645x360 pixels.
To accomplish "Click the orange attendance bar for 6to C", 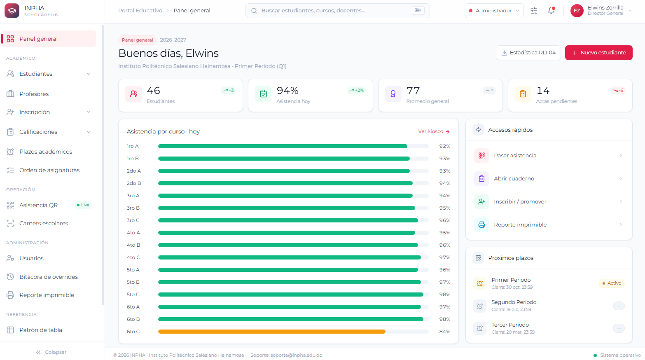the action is point(271,332).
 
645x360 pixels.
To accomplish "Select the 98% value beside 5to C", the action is point(444,295).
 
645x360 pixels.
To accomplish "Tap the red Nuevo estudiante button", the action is point(598,53).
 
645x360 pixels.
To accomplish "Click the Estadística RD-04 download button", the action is point(528,53).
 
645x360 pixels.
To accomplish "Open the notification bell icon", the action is point(551,10).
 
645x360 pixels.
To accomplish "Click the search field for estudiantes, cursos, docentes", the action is point(337,11).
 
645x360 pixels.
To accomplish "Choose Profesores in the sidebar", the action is point(34,94).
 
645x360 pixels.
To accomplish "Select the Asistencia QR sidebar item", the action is point(39,205).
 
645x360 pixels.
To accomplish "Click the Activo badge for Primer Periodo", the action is point(612,283).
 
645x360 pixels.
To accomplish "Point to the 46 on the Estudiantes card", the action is point(153,91).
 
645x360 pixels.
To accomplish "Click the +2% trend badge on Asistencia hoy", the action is point(356,91).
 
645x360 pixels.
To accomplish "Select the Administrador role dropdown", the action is point(494,11).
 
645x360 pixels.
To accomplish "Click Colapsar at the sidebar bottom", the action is point(51,352).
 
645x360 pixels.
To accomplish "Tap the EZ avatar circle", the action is point(577,11).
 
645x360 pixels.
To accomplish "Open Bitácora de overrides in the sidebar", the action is point(48,277).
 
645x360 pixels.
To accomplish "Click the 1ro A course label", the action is point(133,146).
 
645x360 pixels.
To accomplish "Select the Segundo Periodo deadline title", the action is point(514,302).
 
